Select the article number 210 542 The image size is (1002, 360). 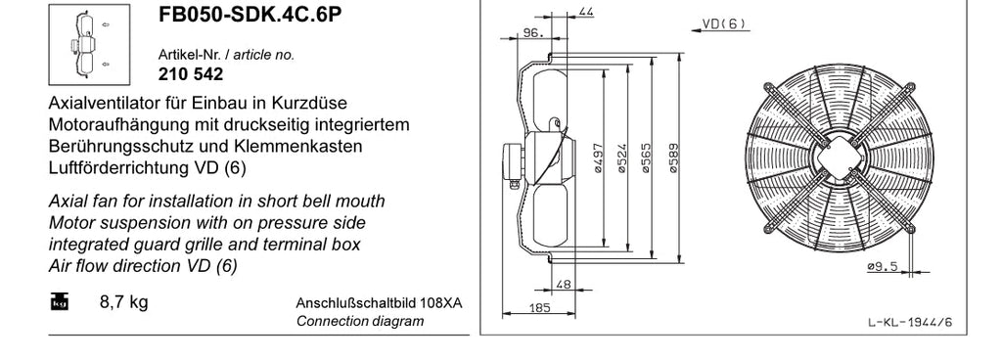tap(191, 74)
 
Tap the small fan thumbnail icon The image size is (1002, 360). tap(89, 45)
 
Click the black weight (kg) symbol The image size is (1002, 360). tap(60, 301)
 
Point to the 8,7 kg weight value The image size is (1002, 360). tap(124, 301)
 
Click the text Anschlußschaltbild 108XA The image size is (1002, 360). tap(379, 302)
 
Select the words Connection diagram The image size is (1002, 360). tap(360, 321)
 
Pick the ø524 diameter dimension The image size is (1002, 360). tap(621, 158)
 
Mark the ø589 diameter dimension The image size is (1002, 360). tap(673, 158)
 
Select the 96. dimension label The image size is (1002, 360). tap(533, 32)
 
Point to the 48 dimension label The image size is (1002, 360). tap(563, 285)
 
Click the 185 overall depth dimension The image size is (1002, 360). tap(540, 307)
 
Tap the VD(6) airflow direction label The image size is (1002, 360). tap(724, 23)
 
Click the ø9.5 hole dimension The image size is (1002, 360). tap(882, 266)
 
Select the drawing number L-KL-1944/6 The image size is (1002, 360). tap(910, 323)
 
